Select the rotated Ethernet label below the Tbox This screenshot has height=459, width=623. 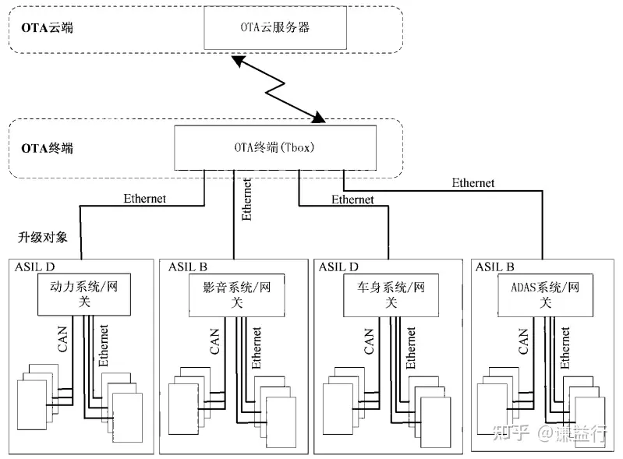click(247, 199)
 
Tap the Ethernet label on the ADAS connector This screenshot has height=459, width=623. click(473, 183)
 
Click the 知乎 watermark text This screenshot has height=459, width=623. click(511, 433)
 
